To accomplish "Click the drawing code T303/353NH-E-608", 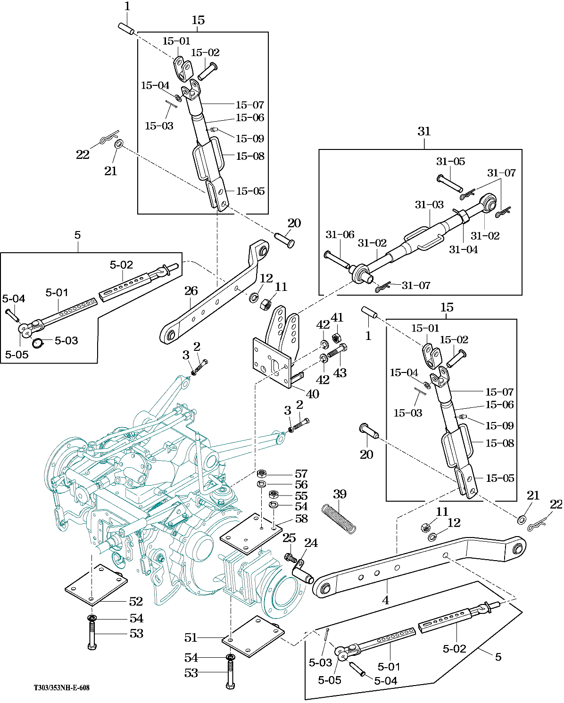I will coord(61,688).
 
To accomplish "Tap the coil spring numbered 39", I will coord(339,519).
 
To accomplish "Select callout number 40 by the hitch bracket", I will coord(313,394).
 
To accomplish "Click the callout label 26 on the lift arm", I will coord(191,291).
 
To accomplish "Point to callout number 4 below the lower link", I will coord(386,600).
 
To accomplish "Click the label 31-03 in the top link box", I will coord(429,205).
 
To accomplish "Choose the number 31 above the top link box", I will coord(424,132).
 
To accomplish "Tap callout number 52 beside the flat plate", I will coord(136,602).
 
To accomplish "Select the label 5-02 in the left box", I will coord(121,265).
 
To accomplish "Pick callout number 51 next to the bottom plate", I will coord(191,638).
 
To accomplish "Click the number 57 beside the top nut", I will coord(301,473).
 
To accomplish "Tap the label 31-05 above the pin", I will coord(450,162).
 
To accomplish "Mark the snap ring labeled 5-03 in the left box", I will coord(38,343).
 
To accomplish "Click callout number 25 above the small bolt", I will coord(289,538).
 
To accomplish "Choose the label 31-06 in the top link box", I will coord(340,235).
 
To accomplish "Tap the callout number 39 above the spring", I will coord(340,494).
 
